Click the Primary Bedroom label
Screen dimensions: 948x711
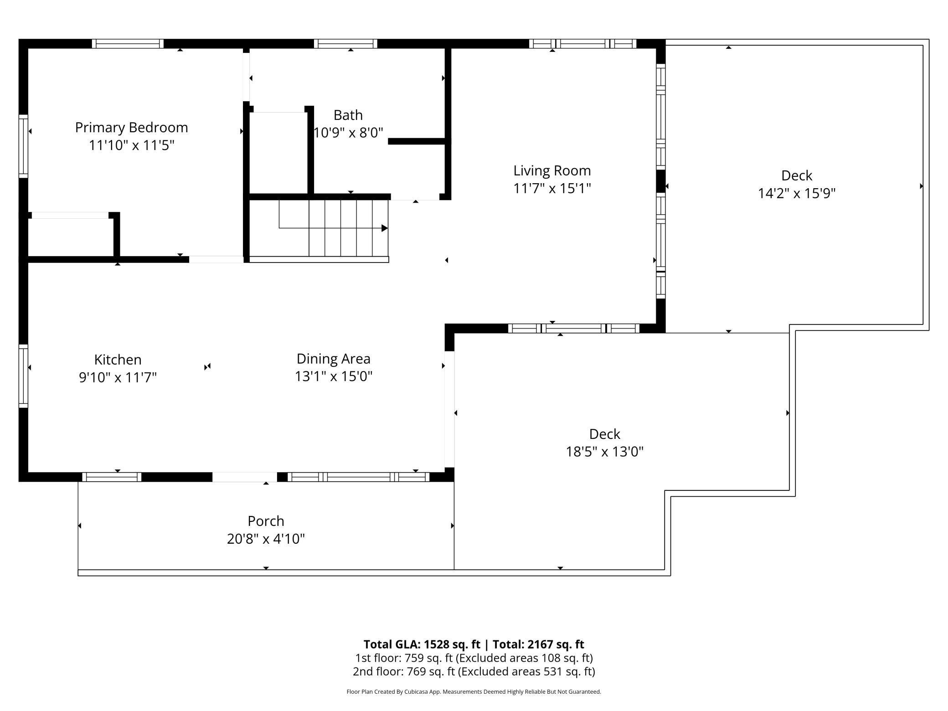[x=131, y=127]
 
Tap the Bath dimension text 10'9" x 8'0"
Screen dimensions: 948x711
[x=349, y=133]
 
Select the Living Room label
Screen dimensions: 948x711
[x=552, y=170]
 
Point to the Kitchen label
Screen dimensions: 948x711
[x=118, y=360]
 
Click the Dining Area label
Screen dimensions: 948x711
[x=333, y=359]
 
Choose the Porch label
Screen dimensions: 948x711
[x=266, y=521]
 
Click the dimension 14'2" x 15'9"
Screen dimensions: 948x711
[x=796, y=193]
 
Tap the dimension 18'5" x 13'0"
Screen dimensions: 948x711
[x=604, y=452]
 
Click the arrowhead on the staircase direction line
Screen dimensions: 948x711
[x=385, y=228]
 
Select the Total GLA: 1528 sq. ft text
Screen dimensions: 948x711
[x=422, y=644]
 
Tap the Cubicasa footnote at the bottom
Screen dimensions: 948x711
[x=474, y=691]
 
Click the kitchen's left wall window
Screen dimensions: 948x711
[x=23, y=376]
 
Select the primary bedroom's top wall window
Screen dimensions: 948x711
[x=128, y=44]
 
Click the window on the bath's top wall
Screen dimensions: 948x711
[x=345, y=44]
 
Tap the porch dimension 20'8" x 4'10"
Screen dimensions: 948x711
[x=266, y=539]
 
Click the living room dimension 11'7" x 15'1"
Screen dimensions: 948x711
[x=552, y=188]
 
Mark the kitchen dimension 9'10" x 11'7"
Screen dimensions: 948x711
[x=118, y=377]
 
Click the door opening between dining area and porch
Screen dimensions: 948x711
[x=245, y=477]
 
